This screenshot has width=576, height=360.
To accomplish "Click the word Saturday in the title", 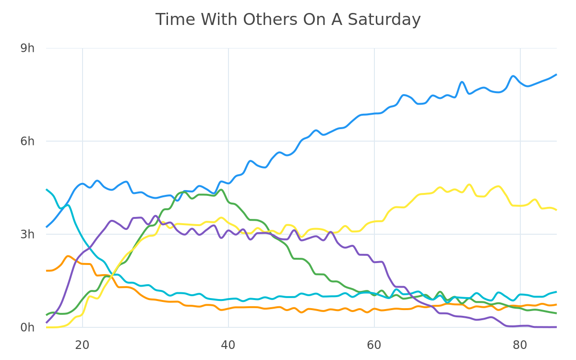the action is [384, 20].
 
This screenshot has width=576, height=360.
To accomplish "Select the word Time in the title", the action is [175, 20].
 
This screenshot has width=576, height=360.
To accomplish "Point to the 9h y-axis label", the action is [27, 48].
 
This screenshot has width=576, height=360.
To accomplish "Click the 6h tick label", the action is [27, 141].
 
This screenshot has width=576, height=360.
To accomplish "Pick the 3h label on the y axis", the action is [27, 234].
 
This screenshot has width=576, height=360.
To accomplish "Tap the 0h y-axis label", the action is [27, 327].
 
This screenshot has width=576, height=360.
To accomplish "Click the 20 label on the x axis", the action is [82, 345].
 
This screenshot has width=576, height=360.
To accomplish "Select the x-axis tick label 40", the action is [228, 345].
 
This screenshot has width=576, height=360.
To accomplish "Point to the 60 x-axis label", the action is [374, 345].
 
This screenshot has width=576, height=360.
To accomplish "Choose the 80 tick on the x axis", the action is [520, 345].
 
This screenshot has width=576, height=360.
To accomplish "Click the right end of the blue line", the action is [556, 74].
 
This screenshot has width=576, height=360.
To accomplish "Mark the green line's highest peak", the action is [221, 190].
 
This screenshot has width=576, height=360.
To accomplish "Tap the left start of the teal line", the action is [47, 190].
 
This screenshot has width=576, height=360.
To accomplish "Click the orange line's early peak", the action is [68, 256].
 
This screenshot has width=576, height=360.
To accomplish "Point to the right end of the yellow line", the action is [556, 210].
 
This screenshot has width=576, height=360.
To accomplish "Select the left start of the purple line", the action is [47, 323].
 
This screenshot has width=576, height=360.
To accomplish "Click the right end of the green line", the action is [556, 313].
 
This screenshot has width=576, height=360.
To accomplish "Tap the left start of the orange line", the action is [47, 271].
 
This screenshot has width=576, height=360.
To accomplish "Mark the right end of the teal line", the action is [556, 292].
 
